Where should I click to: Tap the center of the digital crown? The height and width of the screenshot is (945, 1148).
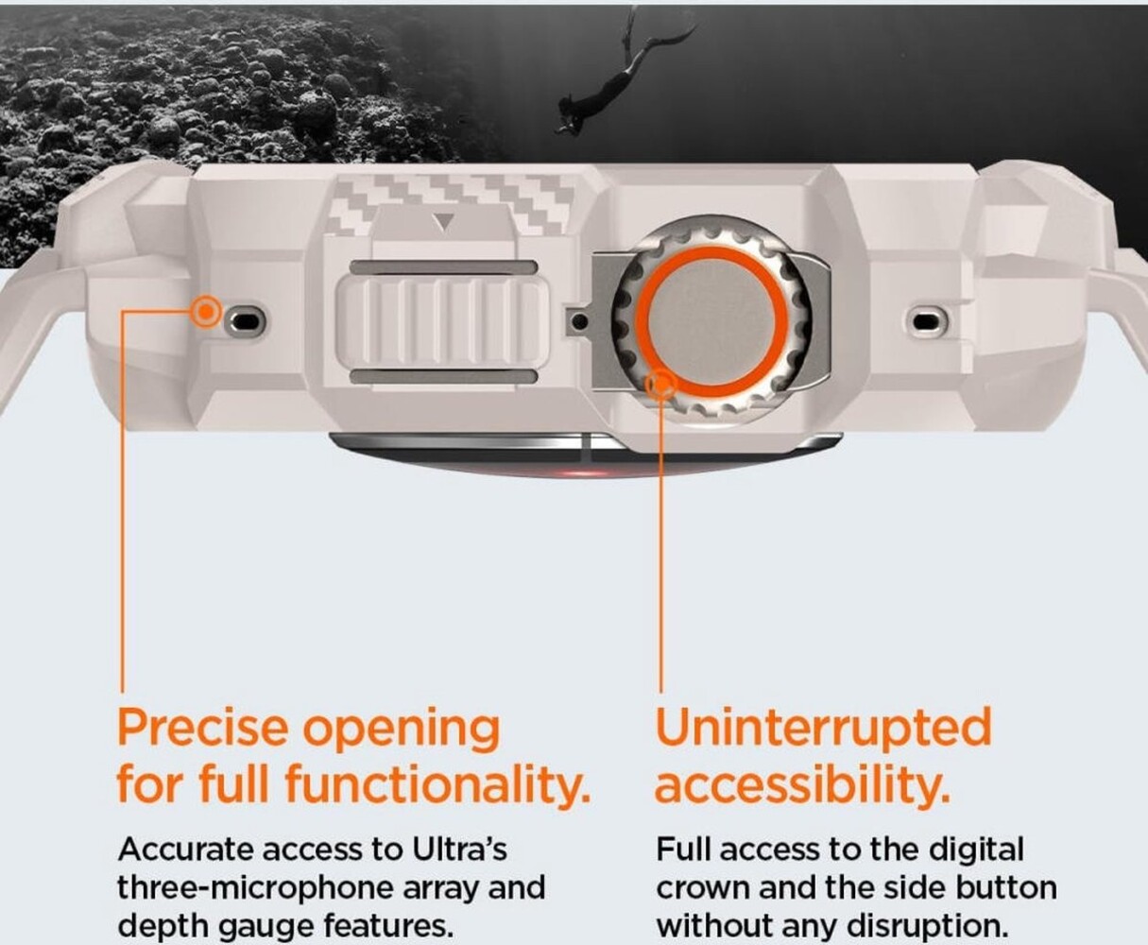(x=712, y=321)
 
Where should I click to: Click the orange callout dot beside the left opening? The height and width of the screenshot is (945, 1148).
(x=206, y=312)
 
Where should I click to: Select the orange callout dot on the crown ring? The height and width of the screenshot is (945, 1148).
(x=661, y=385)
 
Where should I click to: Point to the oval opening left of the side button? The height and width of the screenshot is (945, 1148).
(x=245, y=321)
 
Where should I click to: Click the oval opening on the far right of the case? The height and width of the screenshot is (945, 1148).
(x=926, y=321)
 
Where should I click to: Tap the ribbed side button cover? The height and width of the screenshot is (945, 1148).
(x=442, y=321)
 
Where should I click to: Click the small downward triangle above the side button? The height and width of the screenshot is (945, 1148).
(x=444, y=222)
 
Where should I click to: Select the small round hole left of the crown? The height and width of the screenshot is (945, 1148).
(x=580, y=321)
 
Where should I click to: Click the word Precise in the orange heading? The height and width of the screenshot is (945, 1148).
(x=202, y=728)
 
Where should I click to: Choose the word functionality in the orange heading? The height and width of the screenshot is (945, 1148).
(x=437, y=785)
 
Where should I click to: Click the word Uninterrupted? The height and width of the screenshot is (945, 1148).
(x=823, y=730)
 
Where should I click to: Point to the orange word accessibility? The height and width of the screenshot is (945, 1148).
(x=802, y=785)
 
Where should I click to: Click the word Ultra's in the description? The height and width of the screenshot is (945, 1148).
(x=459, y=850)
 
